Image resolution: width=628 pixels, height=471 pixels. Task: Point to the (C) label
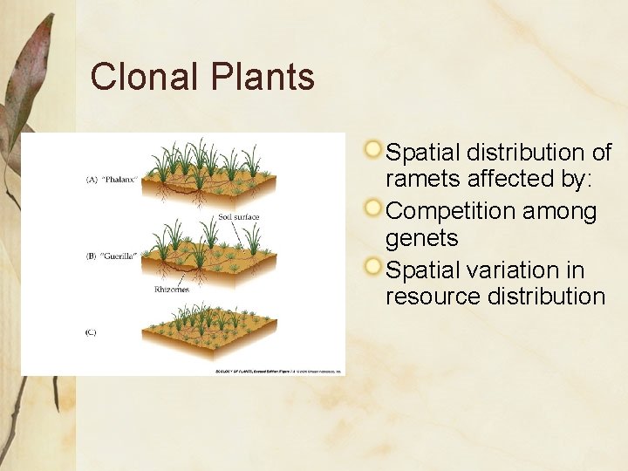(91, 332)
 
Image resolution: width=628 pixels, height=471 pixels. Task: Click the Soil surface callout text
(238, 216)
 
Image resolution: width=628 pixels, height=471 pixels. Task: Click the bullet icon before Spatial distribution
(372, 150)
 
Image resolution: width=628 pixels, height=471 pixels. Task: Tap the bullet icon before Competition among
(372, 208)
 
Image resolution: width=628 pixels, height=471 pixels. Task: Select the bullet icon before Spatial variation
(372, 267)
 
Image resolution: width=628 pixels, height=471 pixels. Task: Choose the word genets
(421, 238)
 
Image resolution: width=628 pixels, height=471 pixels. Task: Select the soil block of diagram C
(218, 345)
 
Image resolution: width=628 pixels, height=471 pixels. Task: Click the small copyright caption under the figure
(279, 371)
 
